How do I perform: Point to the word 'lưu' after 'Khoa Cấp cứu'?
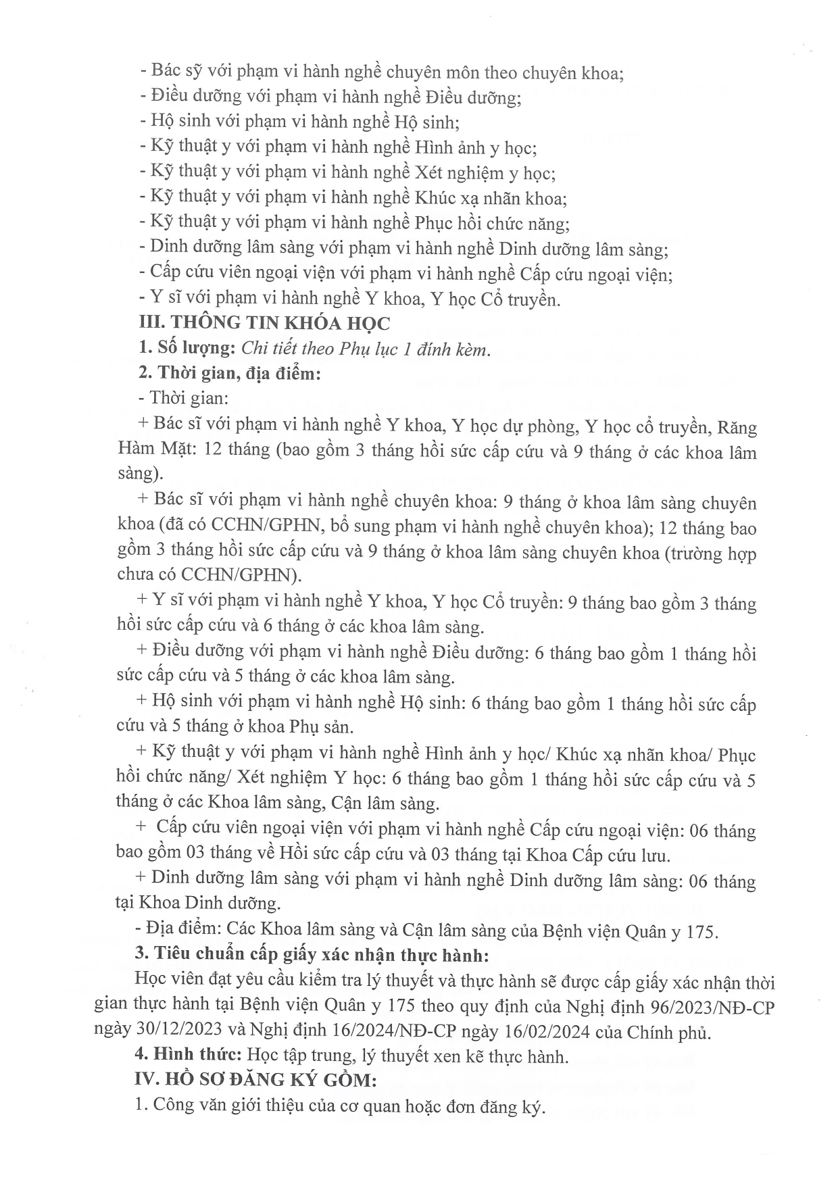point(655,855)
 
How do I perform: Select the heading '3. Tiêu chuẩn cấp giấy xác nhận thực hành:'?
point(312,954)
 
